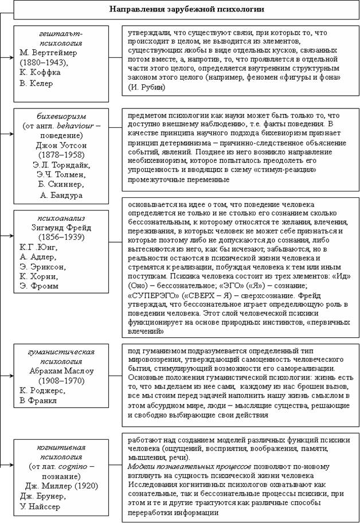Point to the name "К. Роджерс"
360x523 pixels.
(41, 389)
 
